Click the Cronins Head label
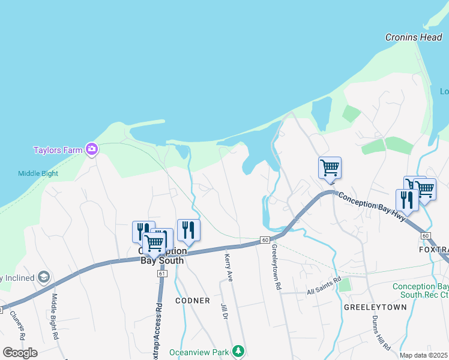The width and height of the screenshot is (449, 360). click(413, 37)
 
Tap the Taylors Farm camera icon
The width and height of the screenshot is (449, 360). click(91, 149)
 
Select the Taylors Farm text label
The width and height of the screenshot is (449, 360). click(57, 150)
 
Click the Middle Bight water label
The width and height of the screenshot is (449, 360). click(38, 173)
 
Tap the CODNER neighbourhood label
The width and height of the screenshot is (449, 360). click(192, 300)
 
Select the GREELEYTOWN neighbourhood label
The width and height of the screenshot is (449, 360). click(375, 307)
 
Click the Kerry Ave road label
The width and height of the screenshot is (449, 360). click(228, 268)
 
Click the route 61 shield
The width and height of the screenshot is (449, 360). click(161, 273)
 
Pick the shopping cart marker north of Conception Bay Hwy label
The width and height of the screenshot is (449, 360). click(330, 168)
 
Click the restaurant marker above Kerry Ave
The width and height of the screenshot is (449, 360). click(188, 230)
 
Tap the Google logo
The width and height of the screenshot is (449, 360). click(20, 352)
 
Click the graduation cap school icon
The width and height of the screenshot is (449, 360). click(43, 277)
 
